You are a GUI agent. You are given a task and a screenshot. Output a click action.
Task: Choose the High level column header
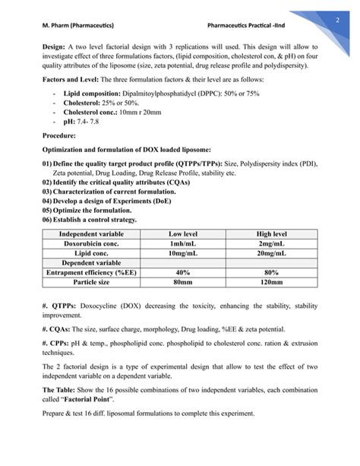point(270,233)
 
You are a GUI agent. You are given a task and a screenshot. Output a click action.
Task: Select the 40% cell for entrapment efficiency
point(182,272)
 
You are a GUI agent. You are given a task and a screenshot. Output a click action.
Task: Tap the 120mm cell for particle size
point(270,282)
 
